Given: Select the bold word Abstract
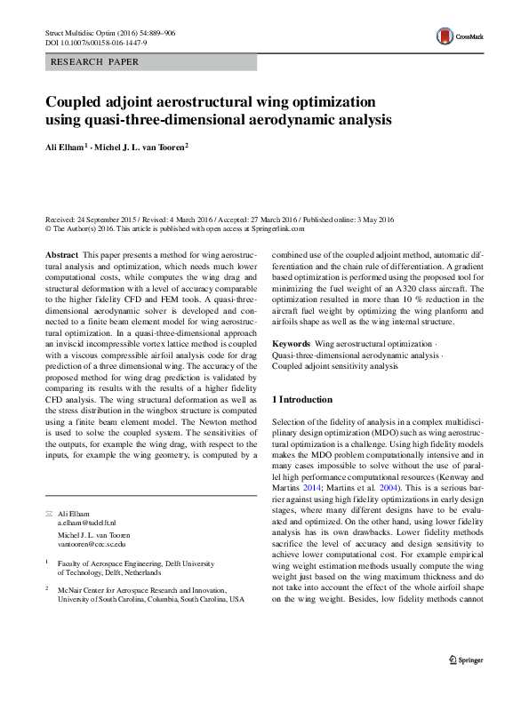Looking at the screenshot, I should (61, 254).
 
